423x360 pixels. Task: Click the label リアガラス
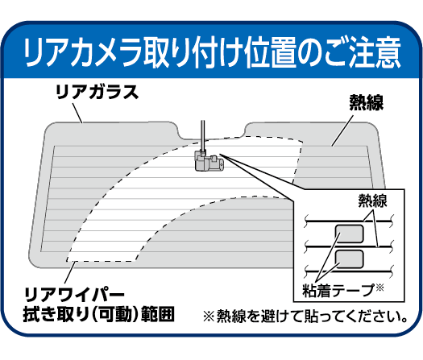pyautogui.click(x=97, y=92)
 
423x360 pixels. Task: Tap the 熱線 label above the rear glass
pyautogui.click(x=367, y=102)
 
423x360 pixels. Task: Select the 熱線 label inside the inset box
pyautogui.click(x=372, y=201)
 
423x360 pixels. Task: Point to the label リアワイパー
pyautogui.click(x=75, y=296)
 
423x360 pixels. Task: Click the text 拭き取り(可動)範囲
pyautogui.click(x=99, y=314)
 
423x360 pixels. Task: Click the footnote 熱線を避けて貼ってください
pyautogui.click(x=312, y=316)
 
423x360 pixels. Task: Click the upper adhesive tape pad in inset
pyautogui.click(x=350, y=234)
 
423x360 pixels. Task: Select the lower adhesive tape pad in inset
pyautogui.click(x=350, y=259)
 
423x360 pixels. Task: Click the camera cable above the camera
pyautogui.click(x=202, y=135)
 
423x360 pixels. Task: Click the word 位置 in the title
pyautogui.click(x=269, y=52)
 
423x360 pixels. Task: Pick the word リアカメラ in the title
pyautogui.click(x=83, y=52)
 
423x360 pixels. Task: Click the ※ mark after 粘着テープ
pyautogui.click(x=379, y=288)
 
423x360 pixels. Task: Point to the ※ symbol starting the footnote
pyautogui.click(x=209, y=316)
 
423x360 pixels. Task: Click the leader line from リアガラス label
pyautogui.click(x=77, y=114)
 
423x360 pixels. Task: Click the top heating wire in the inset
pyautogui.click(x=349, y=221)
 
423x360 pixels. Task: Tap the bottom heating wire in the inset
pyautogui.click(x=349, y=271)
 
